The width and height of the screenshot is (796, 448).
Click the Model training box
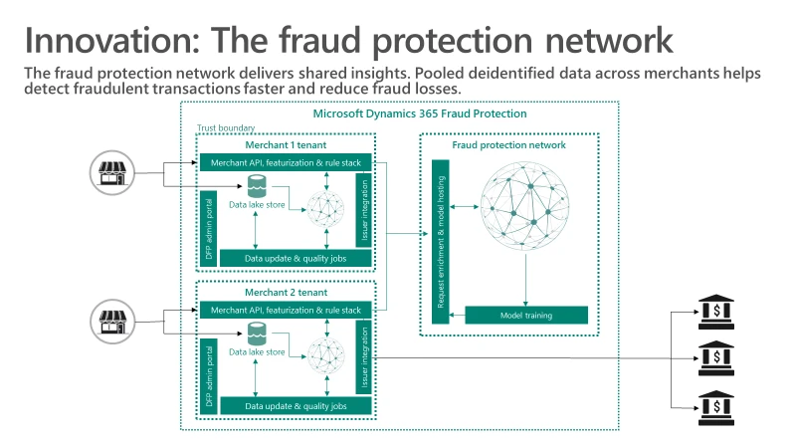pos(525,316)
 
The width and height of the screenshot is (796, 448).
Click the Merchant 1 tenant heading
pos(285,143)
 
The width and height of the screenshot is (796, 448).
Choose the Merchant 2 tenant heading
pos(285,293)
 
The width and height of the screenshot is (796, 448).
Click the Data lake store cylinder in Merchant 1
pos(258,186)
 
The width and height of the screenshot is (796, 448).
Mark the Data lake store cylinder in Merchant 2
pos(258,334)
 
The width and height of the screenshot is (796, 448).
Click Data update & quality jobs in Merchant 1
pos(295,258)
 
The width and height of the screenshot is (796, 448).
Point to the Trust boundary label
pos(226,128)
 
